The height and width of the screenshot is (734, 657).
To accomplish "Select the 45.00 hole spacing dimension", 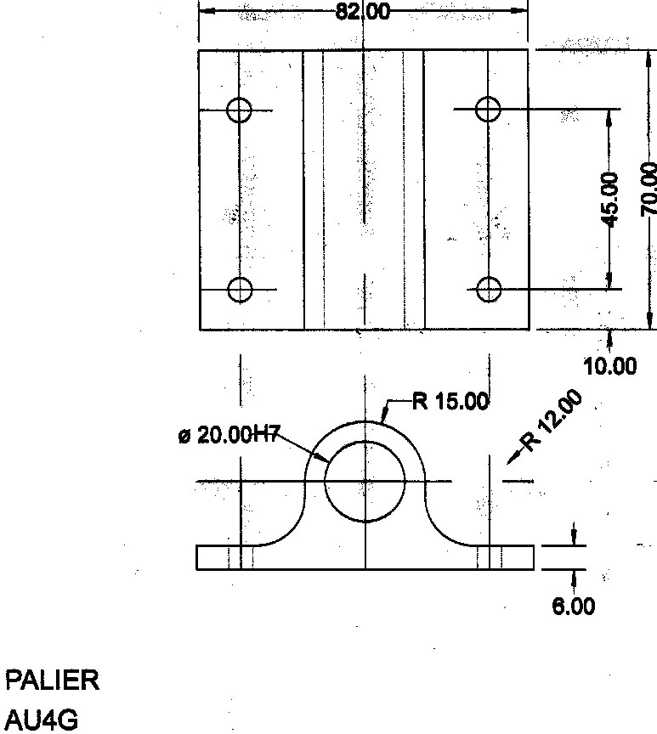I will click(x=609, y=199).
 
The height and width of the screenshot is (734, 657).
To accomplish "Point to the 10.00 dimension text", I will click(x=609, y=366).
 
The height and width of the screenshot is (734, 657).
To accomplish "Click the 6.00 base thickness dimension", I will click(x=574, y=606).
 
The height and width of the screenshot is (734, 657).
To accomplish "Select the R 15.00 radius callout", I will click(x=450, y=401).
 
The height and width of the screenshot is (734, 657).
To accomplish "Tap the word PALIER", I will click(x=53, y=680).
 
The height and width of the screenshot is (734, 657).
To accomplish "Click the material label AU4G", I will click(x=42, y=721).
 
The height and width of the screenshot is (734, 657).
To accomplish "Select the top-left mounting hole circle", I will click(x=240, y=110).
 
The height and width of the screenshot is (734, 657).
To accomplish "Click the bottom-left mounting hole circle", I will click(x=241, y=290).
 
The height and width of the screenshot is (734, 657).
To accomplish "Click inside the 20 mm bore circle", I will click(x=365, y=481).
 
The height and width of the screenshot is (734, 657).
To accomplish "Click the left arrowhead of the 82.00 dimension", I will click(x=204, y=11).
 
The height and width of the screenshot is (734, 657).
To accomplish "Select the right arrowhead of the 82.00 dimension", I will click(x=521, y=11).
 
